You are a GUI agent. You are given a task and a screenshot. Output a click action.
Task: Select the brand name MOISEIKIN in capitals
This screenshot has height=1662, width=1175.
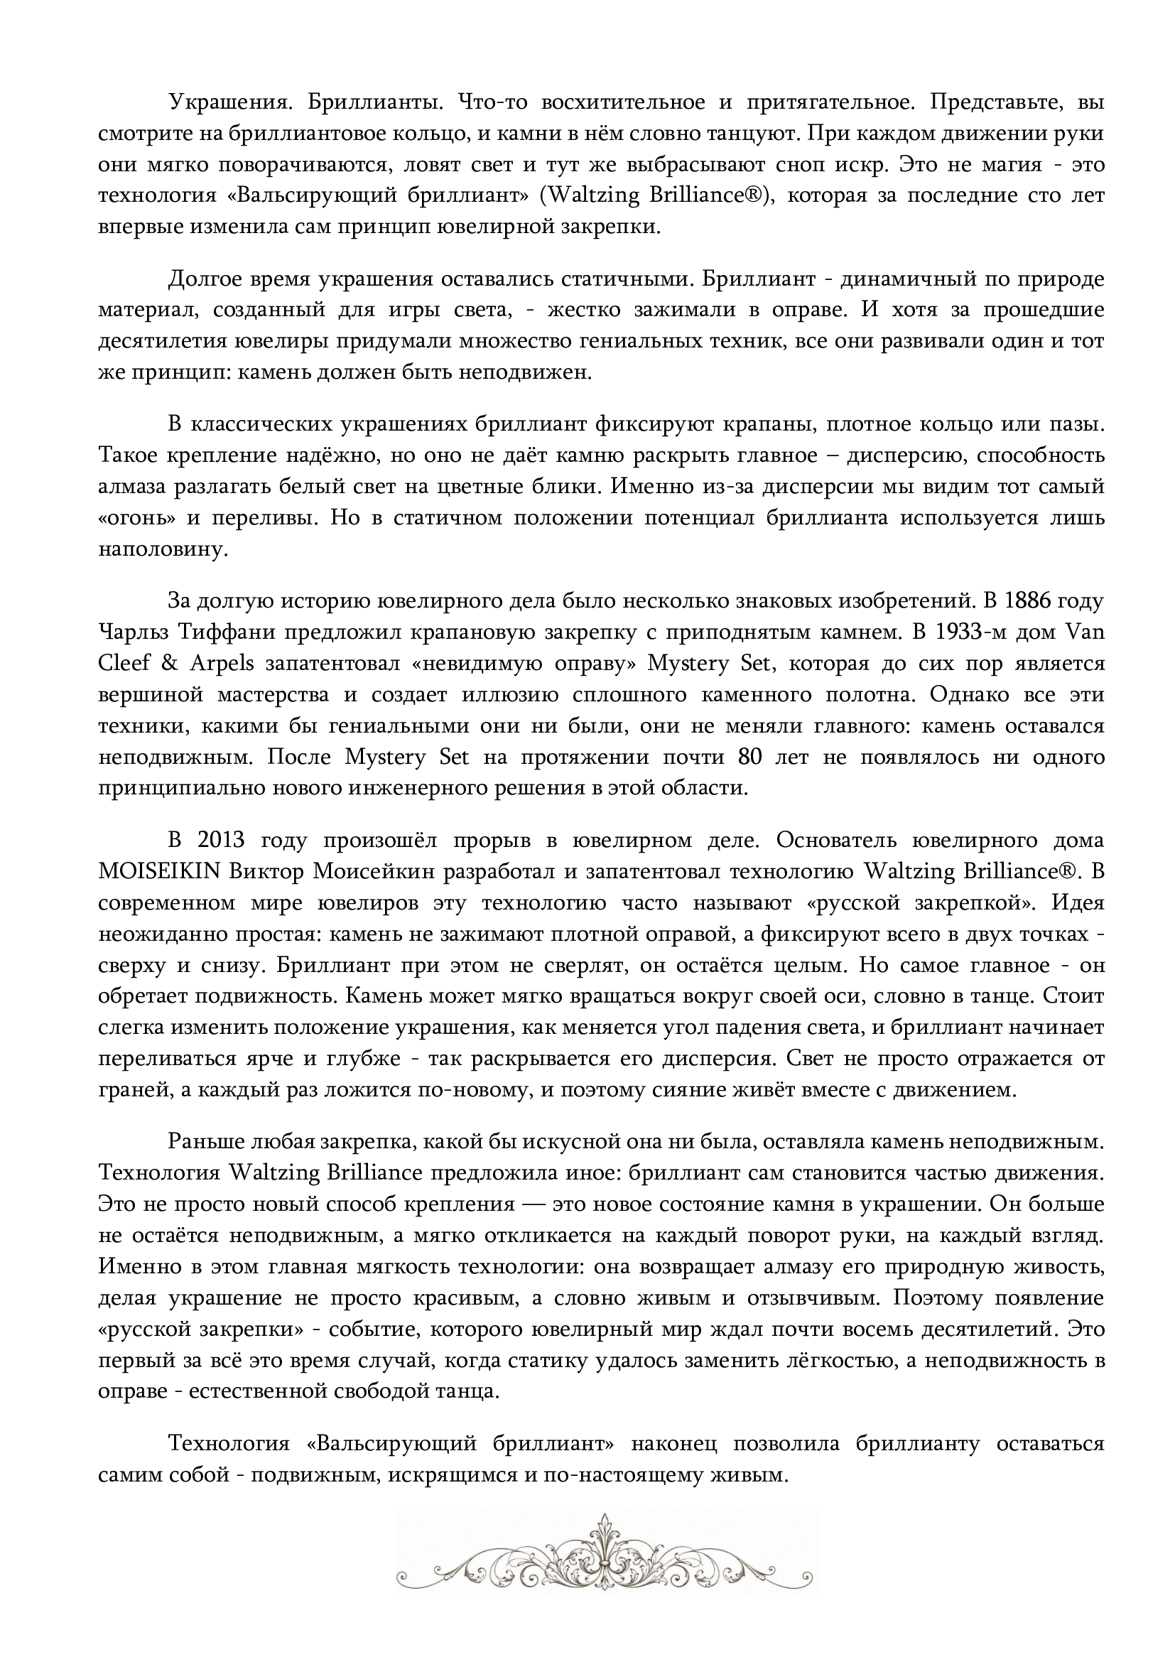coord(159,872)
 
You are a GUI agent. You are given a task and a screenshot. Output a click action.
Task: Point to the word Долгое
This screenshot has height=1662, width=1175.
coord(205,279)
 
